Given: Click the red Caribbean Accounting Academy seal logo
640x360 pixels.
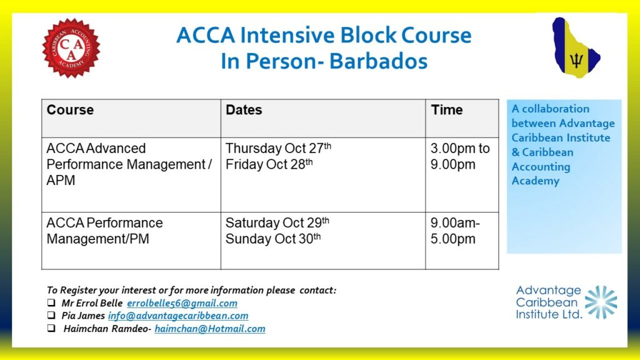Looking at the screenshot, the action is [x=71, y=47].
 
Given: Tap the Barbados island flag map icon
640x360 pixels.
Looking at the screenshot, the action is [x=576, y=47].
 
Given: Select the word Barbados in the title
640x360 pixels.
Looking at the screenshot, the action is [x=378, y=61].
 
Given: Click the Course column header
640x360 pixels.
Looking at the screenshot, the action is [x=70, y=110].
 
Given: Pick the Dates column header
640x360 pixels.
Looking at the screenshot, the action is [x=244, y=110].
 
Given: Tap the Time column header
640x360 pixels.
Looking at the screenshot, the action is [x=447, y=110].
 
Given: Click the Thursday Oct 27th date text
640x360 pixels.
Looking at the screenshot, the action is [x=278, y=147].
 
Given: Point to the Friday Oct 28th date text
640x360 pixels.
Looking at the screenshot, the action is [x=269, y=164].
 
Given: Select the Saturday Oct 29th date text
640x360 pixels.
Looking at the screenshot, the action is [x=277, y=222].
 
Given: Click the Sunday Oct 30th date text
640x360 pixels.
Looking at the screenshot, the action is [x=273, y=238].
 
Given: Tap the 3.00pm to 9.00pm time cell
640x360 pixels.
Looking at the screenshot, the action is [x=460, y=156].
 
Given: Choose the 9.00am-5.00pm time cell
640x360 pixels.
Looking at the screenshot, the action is [x=455, y=231].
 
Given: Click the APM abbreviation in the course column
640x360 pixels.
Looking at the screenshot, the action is [x=61, y=181].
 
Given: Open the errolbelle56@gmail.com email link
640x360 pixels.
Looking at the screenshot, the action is [x=182, y=303].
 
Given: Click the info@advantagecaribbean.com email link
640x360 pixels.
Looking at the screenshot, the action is [x=178, y=316].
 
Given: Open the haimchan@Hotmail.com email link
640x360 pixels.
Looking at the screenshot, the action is [x=210, y=329].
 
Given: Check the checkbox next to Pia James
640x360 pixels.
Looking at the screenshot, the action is [x=51, y=315].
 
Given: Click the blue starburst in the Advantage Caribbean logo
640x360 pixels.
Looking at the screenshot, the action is [x=601, y=302].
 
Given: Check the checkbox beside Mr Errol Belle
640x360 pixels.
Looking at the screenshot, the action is [x=51, y=302].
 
